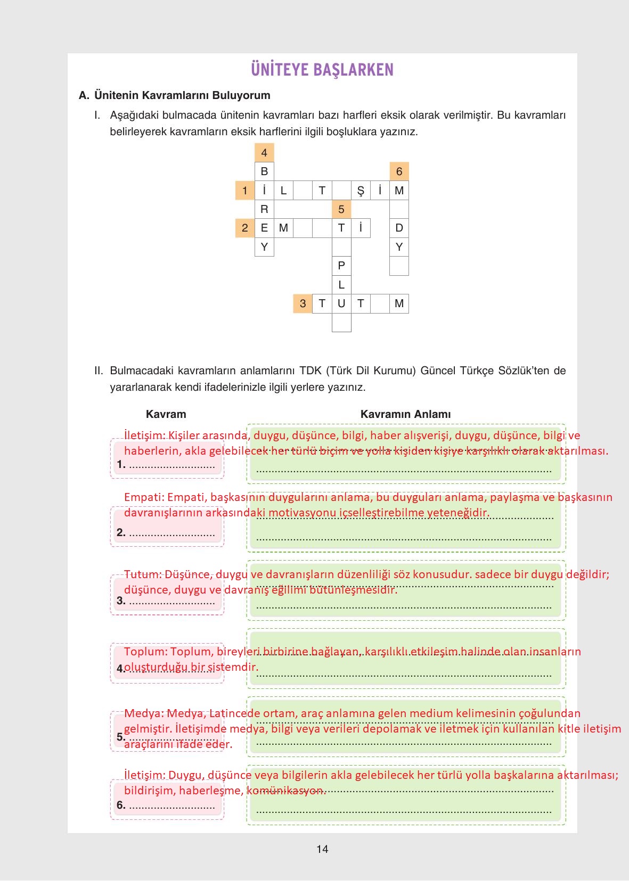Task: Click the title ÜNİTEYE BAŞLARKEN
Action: point(322,70)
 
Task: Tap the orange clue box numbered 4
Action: point(264,153)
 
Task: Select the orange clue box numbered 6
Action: point(399,171)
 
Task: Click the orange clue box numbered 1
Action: point(245,191)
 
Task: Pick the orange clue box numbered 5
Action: point(341,209)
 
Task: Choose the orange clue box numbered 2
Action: point(245,228)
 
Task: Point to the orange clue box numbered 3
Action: point(303,303)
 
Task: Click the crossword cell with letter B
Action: point(264,171)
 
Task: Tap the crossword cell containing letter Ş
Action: point(361,191)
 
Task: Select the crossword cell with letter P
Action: point(341,266)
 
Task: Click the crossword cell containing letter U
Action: point(341,303)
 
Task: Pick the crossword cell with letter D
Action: point(399,228)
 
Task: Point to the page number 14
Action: point(322,849)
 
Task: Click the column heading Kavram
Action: point(166,414)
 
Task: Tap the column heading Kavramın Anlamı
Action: point(405,414)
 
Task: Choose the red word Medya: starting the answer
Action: point(143,713)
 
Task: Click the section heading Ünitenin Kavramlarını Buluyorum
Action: point(182,95)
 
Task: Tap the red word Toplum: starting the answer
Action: point(145,652)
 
